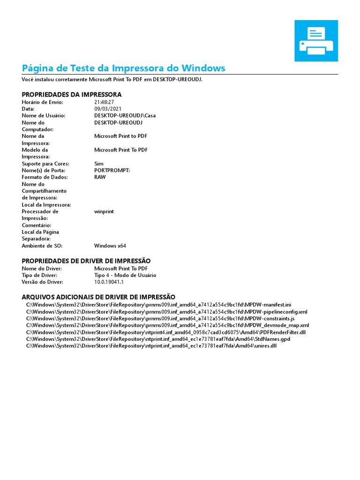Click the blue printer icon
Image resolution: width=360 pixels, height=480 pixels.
[x=316, y=41]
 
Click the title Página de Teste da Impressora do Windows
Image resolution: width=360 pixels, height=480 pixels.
[x=124, y=68]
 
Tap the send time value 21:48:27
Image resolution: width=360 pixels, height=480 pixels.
[x=104, y=102]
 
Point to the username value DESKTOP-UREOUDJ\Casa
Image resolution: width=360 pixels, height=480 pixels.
[x=125, y=115]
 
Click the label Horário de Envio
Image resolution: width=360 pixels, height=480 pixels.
[x=43, y=102]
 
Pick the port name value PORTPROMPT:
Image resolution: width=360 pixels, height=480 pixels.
[x=112, y=171]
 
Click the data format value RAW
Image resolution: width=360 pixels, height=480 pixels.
[x=100, y=177]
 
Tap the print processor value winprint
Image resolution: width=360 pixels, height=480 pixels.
[x=104, y=211]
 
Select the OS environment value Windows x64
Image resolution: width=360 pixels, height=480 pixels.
[x=110, y=246]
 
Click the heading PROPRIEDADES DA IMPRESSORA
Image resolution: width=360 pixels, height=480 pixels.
[x=72, y=94]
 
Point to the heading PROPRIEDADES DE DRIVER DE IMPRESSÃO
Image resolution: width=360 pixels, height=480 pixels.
[x=86, y=261]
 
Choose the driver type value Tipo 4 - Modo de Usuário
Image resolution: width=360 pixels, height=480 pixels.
[x=125, y=275]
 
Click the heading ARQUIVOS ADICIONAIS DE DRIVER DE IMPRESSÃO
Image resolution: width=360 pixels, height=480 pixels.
[x=99, y=297]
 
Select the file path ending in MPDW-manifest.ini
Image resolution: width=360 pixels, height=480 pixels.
[x=158, y=305]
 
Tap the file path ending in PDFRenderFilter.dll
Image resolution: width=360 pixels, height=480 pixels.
[x=165, y=332]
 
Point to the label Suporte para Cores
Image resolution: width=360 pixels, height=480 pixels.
[x=45, y=164]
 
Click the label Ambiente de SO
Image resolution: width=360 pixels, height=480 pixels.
[x=42, y=246]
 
